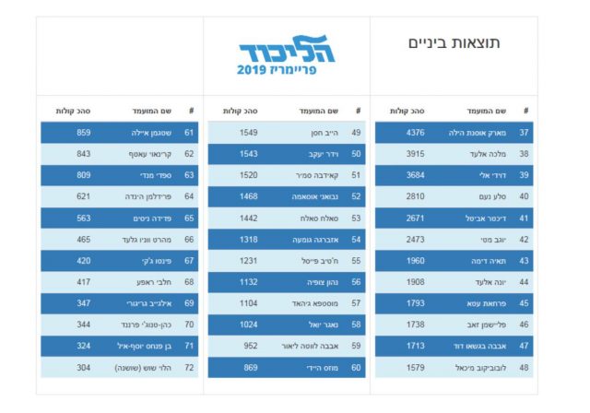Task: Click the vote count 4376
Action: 415,133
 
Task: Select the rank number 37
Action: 525,133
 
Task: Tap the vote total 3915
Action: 415,153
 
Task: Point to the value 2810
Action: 415,196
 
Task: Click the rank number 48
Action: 525,367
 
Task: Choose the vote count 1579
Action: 415,367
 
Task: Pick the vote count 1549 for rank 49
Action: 248,133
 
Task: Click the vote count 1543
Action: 248,153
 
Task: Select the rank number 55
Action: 356,261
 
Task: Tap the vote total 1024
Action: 248,324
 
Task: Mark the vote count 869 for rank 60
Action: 250,367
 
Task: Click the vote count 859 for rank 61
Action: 84,133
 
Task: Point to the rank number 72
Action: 189,367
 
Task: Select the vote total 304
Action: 84,367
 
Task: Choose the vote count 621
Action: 84,196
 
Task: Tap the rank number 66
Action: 189,239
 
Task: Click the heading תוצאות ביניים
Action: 454,43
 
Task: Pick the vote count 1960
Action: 415,261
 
